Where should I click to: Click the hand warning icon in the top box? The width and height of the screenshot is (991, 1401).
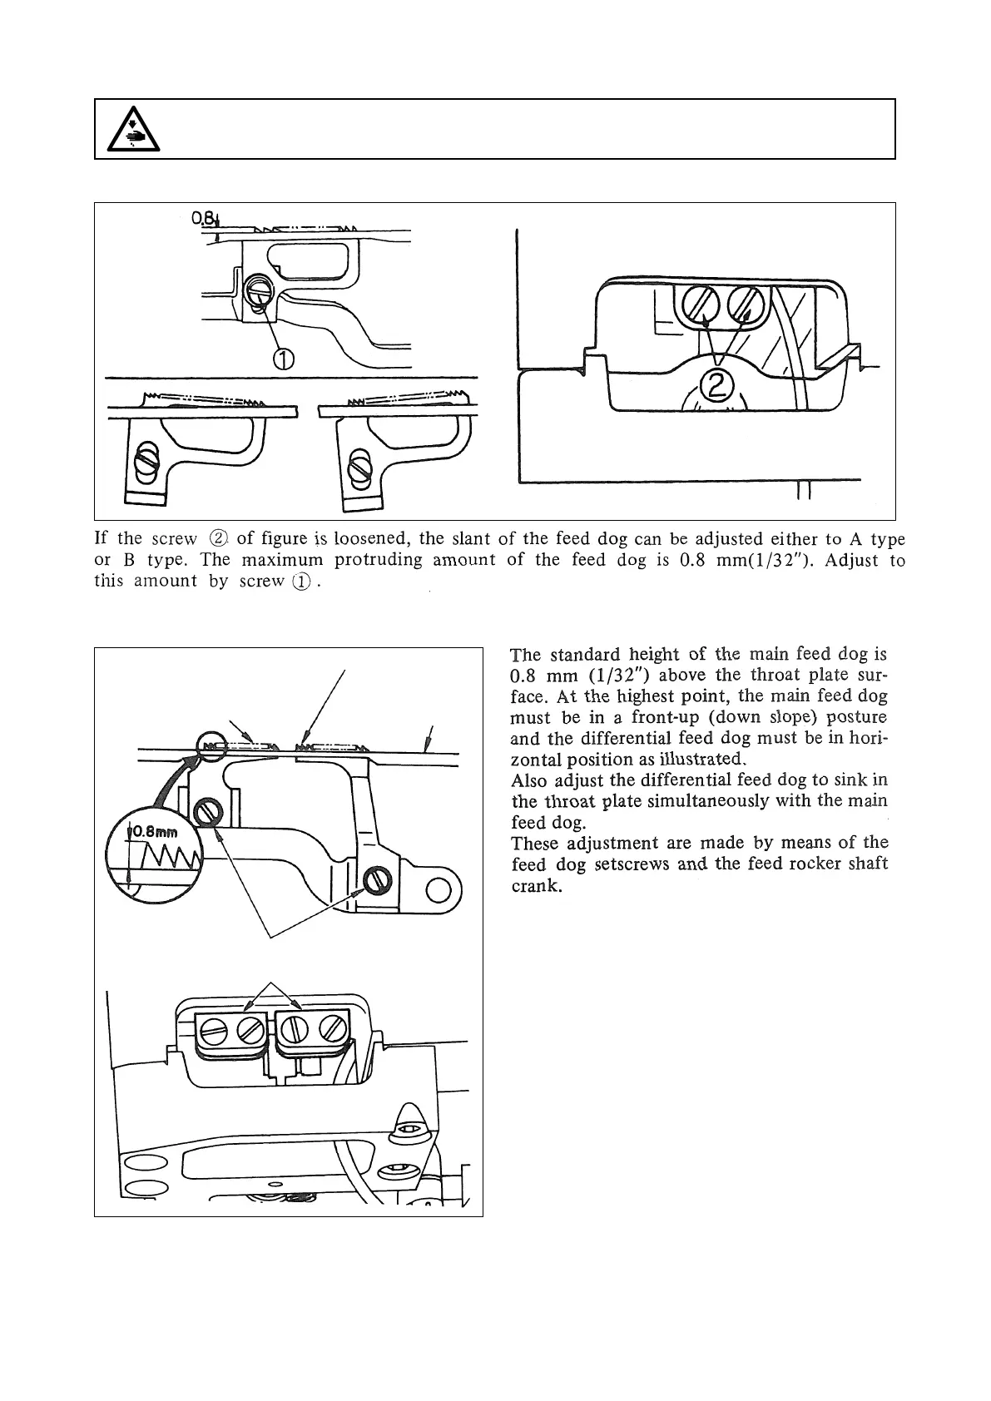point(134,130)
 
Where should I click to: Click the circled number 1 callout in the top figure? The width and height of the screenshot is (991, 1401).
point(283,359)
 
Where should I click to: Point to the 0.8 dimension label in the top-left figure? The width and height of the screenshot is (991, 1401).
point(202,219)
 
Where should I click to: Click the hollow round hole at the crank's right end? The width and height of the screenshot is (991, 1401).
point(438,891)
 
